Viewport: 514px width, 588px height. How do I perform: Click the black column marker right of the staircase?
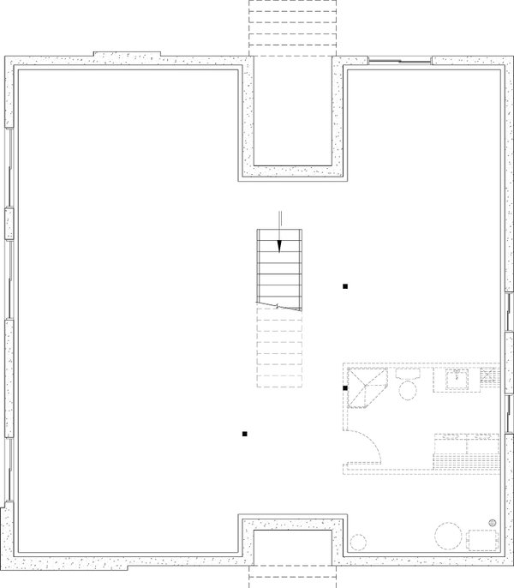[x=345, y=286]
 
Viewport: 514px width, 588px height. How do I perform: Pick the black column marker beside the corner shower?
[x=344, y=388]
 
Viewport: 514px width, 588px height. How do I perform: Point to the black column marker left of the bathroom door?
[x=244, y=434]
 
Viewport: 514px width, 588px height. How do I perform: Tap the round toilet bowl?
[x=407, y=390]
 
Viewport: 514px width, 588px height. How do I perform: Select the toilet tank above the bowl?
[x=407, y=375]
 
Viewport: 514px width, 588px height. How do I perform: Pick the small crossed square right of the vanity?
[x=490, y=376]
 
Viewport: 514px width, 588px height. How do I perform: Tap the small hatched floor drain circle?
[x=493, y=522]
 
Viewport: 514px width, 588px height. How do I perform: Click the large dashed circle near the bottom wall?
[x=447, y=537]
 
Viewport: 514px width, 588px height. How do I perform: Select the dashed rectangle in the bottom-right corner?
[x=482, y=541]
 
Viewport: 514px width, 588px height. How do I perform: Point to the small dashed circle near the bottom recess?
[x=359, y=543]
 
